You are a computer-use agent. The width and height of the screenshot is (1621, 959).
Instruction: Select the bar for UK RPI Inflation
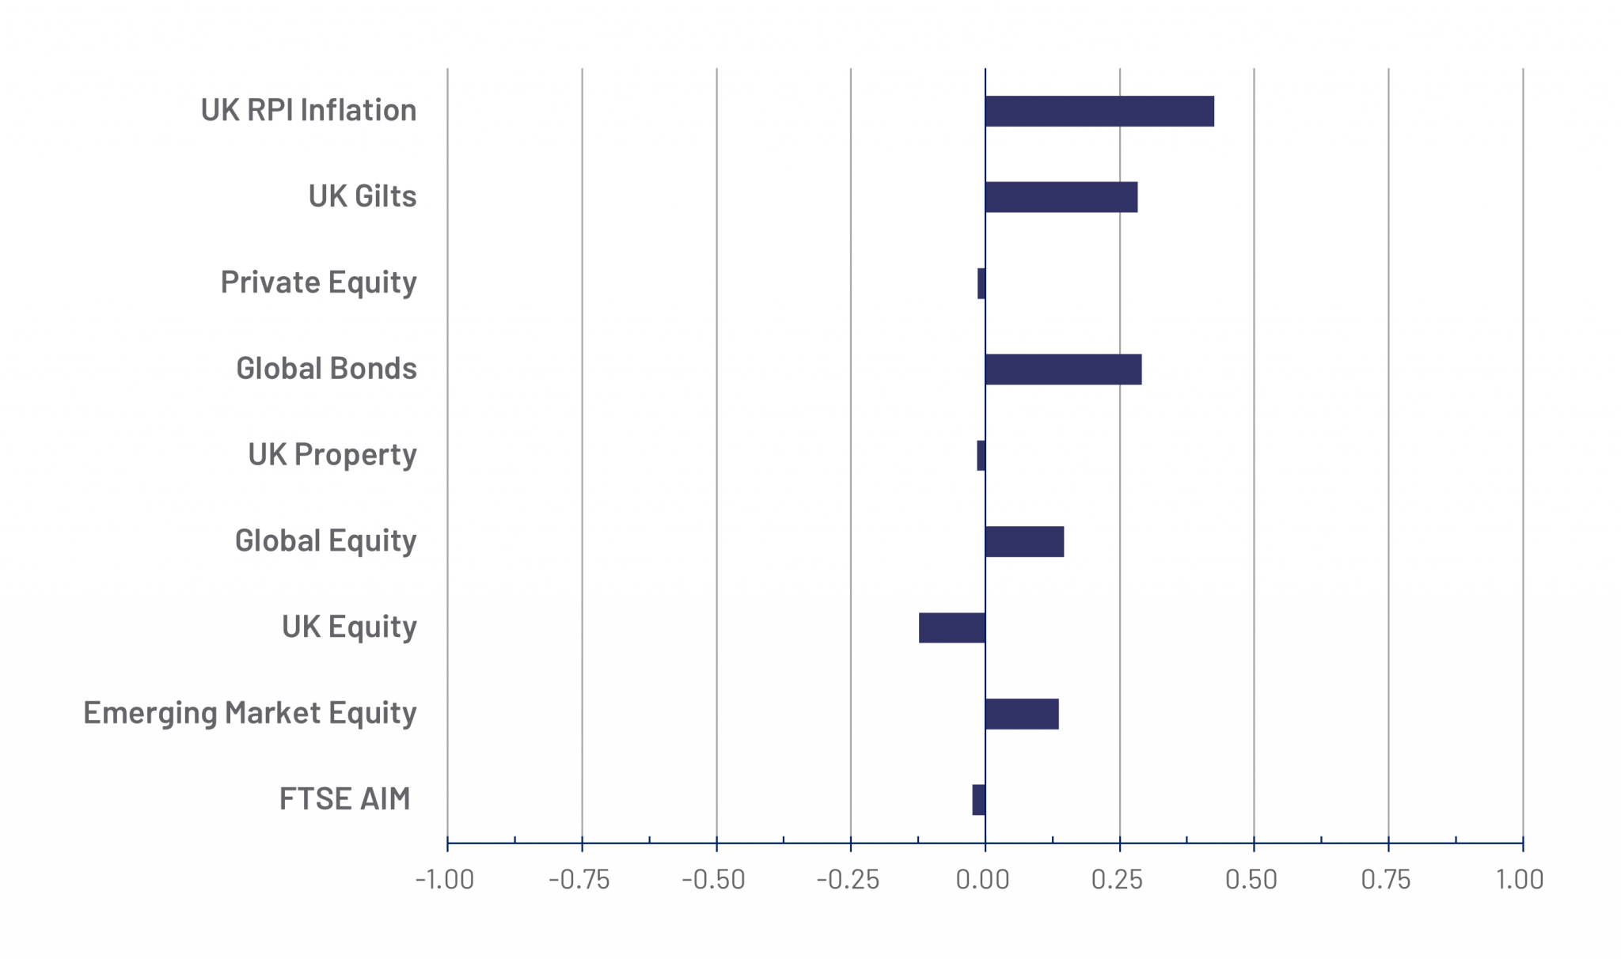pos(1099,111)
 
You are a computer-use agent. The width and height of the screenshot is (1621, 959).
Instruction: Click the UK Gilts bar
pos(1061,197)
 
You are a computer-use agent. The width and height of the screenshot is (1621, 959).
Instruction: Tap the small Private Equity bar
pos(981,283)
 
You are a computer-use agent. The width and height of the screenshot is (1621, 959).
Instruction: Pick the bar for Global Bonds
pos(1063,370)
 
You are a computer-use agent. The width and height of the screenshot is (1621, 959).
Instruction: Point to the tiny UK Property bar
pos(981,456)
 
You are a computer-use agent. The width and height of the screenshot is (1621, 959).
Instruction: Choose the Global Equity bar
pos(1024,542)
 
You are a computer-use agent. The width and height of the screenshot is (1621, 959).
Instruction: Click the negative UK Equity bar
pos(952,627)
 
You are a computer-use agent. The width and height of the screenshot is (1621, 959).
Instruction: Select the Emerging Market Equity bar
pos(1022,714)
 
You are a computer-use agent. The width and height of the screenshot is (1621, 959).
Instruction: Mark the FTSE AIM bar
pos(979,800)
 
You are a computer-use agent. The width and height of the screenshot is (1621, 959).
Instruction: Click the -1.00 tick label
pos(445,880)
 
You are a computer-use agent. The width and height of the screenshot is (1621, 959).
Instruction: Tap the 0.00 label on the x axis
pos(983,880)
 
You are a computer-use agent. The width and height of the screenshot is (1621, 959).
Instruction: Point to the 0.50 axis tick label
pos(1251,880)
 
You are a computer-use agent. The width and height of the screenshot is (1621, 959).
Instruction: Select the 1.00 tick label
pos(1520,880)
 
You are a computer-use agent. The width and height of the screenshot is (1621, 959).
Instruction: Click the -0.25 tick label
pos(848,880)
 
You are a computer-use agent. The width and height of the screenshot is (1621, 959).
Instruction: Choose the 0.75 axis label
pos(1386,880)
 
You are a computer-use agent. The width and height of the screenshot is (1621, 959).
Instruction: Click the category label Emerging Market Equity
pos(249,713)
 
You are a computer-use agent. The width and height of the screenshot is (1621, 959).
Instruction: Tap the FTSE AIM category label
pos(345,799)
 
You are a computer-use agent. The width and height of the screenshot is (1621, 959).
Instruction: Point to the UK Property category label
pos(332,455)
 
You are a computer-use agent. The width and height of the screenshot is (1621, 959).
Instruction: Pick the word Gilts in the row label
pos(385,196)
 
